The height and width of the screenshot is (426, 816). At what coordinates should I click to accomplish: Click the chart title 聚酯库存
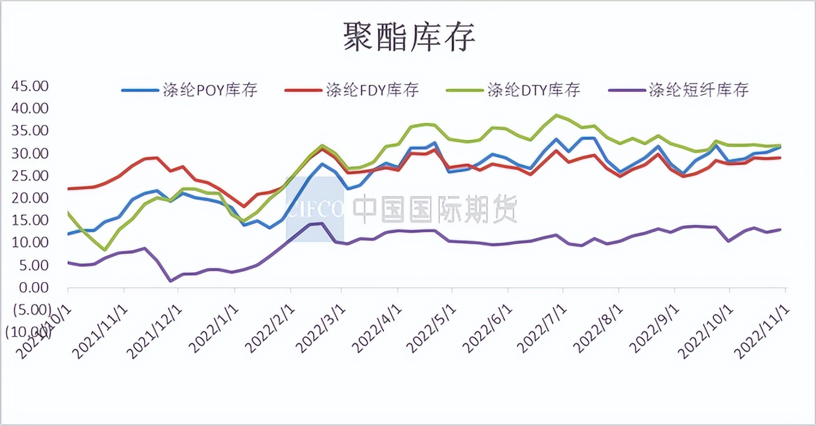pos(409,37)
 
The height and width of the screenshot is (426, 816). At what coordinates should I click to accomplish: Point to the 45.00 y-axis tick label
pos(29,86)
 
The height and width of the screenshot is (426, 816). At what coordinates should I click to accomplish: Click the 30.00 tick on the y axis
pos(29,153)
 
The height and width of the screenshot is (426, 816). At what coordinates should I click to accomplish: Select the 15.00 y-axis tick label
pos(29,220)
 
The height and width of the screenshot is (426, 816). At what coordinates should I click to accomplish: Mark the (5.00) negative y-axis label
pos(27,310)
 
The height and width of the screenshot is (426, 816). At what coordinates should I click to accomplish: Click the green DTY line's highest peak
pos(557,115)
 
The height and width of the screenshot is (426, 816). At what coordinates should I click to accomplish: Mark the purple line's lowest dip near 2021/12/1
pos(171,281)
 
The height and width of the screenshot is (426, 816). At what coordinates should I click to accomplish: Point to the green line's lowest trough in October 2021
pos(105,250)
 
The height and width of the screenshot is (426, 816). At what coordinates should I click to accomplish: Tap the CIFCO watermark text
pos(316,209)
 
